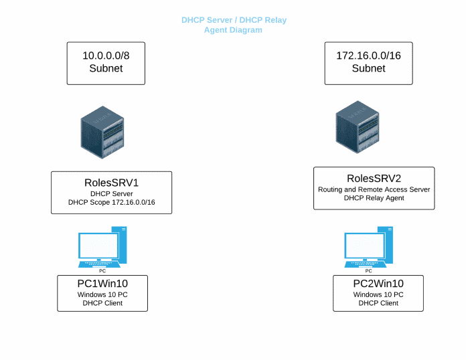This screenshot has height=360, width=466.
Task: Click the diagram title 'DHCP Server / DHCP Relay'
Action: (234, 20)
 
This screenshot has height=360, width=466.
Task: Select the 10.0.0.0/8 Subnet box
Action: (106, 62)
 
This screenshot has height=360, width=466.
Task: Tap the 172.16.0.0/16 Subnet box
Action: (369, 62)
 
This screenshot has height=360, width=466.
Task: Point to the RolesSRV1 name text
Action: (111, 181)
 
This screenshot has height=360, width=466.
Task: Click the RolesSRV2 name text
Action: (374, 178)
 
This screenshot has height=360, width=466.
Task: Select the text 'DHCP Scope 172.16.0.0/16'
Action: (111, 202)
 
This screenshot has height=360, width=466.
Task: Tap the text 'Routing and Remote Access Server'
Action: (374, 189)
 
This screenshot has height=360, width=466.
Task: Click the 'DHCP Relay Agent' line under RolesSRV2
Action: (374, 198)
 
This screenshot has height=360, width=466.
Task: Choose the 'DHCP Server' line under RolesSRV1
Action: (111, 193)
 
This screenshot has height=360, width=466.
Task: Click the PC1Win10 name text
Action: (102, 284)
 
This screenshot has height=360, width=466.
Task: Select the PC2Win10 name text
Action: (378, 284)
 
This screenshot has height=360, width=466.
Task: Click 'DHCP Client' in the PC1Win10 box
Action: (102, 303)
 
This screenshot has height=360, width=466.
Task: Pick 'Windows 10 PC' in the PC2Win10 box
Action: (378, 294)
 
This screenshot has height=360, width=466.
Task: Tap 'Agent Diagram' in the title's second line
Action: (233, 30)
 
